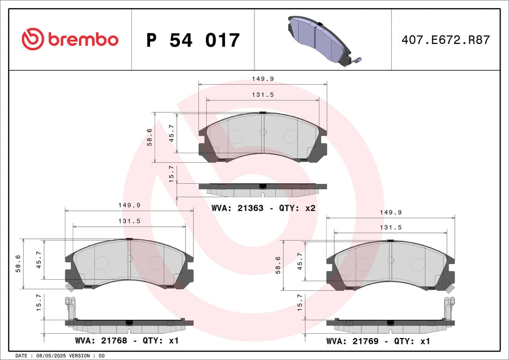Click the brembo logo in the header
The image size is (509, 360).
coord(70,39)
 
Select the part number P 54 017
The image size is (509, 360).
coord(193,40)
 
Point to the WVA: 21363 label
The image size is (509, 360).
coord(237,208)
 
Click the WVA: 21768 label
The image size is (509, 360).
coord(103,340)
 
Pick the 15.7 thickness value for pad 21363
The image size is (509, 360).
coord(171,175)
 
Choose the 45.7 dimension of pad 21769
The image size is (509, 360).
coord(300,261)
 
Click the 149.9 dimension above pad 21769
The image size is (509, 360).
coord(391,212)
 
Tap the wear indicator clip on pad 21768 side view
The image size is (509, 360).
coord(69,307)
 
